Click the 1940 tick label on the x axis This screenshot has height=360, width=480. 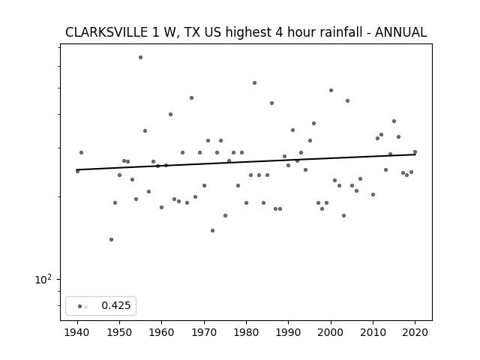77,332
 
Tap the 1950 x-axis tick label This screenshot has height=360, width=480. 120,332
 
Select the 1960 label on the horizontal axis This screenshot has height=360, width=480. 162,332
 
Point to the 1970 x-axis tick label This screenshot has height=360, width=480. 204,332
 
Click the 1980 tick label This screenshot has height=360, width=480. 247,332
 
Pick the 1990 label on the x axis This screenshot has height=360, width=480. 288,332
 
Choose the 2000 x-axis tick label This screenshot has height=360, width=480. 331,332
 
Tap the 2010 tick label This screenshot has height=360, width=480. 373,332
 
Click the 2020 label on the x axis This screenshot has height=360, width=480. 415,332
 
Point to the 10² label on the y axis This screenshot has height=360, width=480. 43,279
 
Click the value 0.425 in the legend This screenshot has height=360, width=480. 116,305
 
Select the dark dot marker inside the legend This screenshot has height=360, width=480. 80,306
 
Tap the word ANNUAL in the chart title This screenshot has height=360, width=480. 400,32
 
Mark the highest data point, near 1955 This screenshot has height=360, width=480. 140,57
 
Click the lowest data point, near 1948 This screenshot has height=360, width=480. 112,239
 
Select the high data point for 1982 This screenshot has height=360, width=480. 255,83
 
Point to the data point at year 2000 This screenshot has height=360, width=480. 331,90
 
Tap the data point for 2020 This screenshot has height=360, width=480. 415,151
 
